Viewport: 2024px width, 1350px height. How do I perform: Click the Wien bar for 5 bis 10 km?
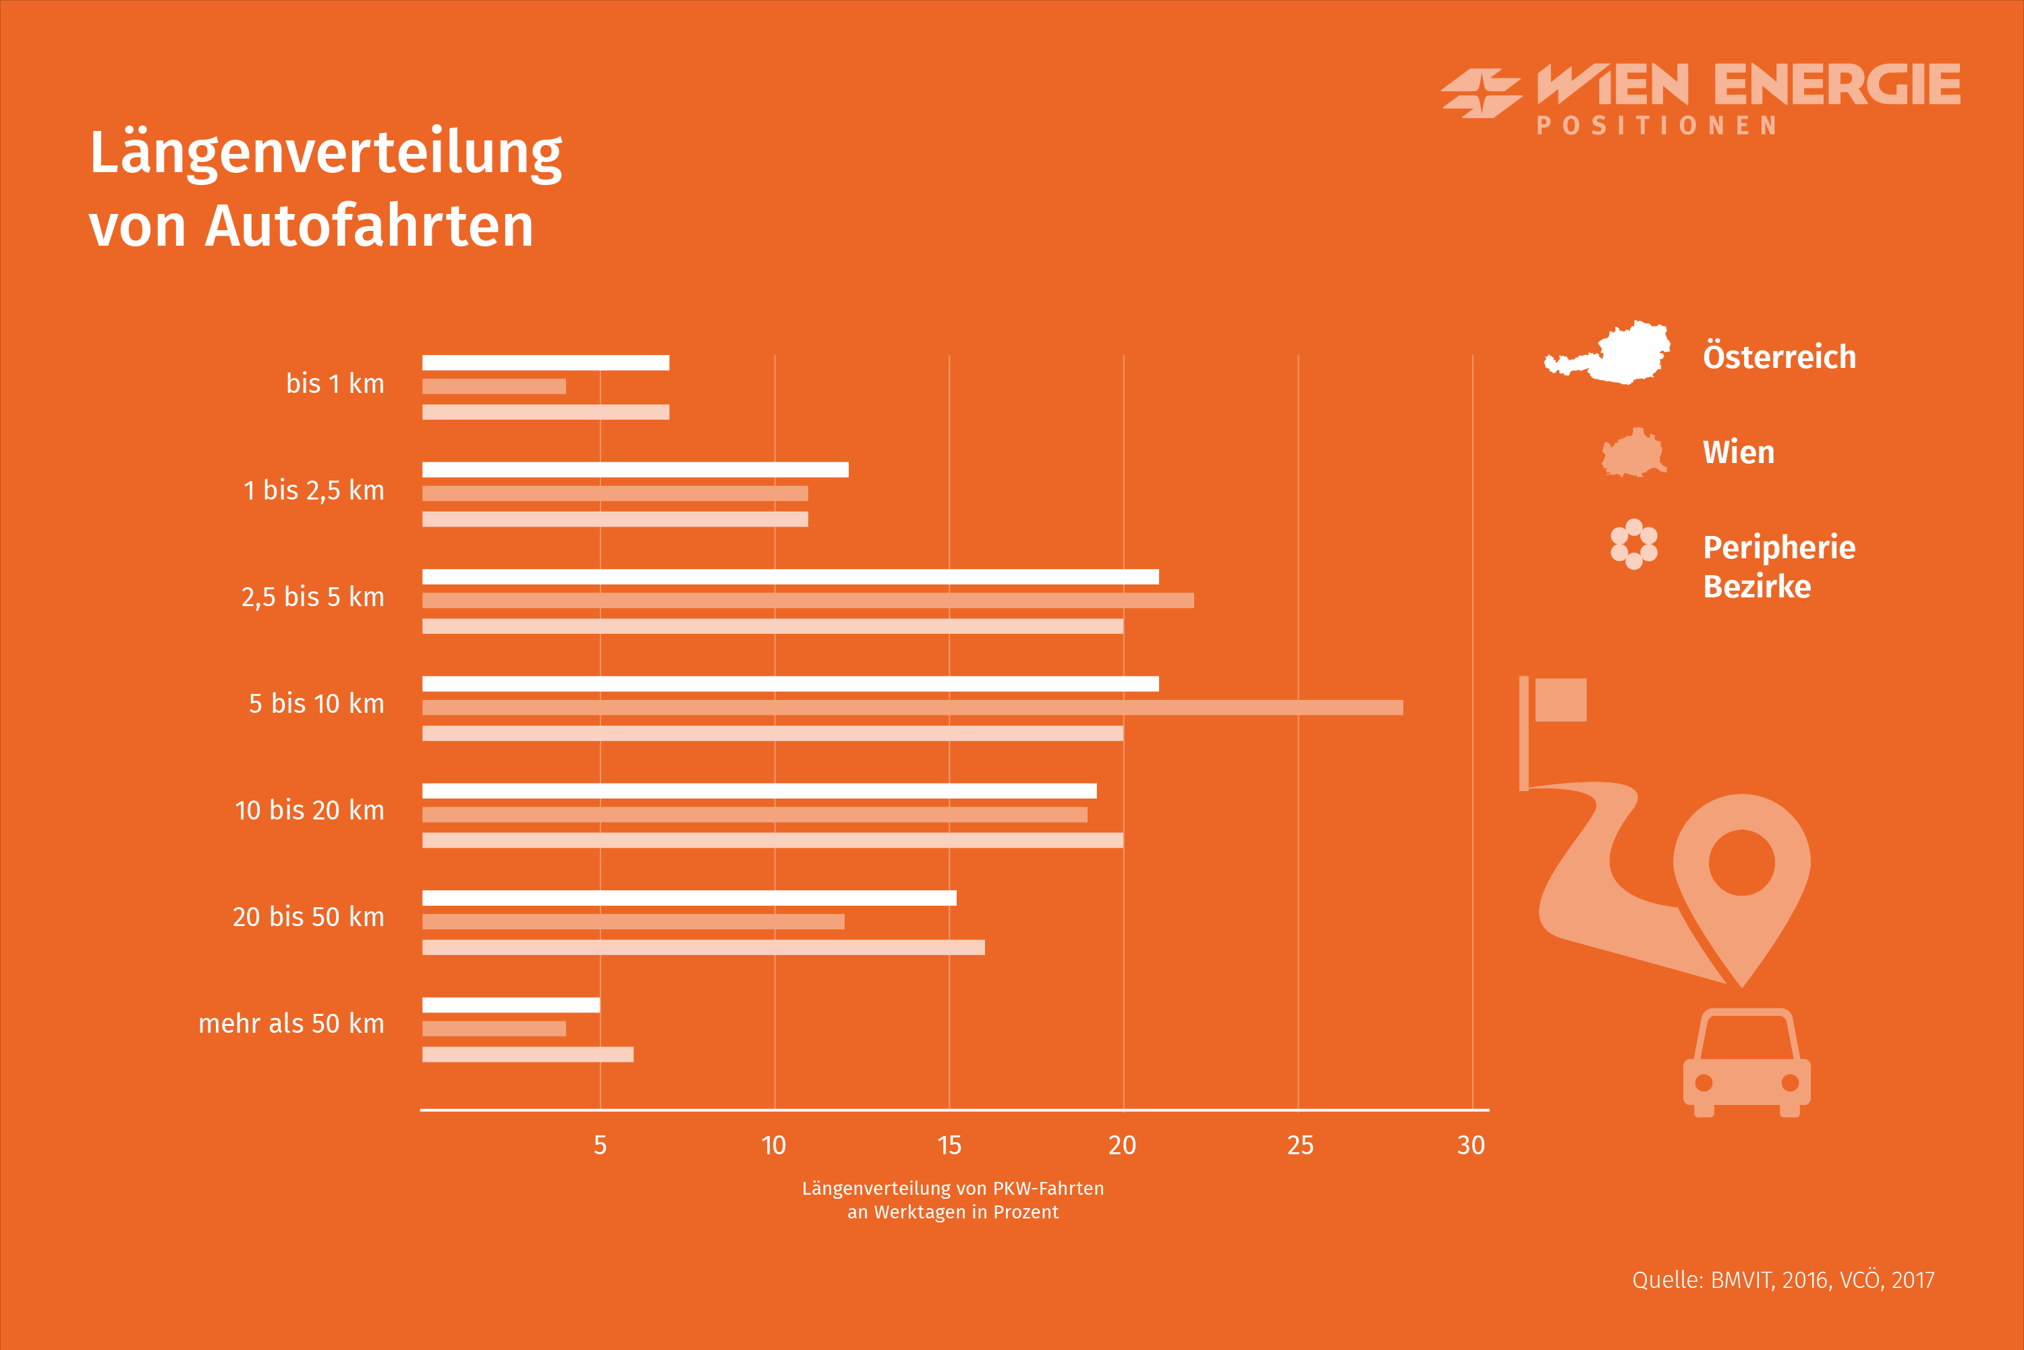coord(912,707)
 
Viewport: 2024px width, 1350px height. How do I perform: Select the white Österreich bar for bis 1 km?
coord(546,362)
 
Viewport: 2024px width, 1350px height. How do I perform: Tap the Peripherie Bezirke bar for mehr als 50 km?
coord(528,1054)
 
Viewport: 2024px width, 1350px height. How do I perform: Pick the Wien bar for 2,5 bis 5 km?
coord(807,600)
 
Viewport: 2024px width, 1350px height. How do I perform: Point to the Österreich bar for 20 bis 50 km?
coord(688,898)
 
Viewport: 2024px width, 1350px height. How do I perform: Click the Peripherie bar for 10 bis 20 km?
coord(772,840)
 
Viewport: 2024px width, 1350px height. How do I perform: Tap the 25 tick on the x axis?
coord(1299,1145)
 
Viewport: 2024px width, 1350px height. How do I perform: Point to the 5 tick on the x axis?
coord(600,1145)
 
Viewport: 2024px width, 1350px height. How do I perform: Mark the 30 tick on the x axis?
coord(1471,1145)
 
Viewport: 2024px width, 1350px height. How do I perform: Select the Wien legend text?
coord(1739,452)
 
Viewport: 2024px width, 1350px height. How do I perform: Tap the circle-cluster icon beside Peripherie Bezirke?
coord(1633,544)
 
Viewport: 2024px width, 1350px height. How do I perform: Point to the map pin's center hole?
coord(1742,863)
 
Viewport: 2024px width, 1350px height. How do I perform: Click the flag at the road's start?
coord(1559,700)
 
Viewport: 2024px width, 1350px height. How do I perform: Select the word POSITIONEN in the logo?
coord(1656,126)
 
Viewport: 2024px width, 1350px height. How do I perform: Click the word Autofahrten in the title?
coord(369,225)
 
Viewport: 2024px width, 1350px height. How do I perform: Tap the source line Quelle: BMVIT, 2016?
coord(1782,1280)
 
